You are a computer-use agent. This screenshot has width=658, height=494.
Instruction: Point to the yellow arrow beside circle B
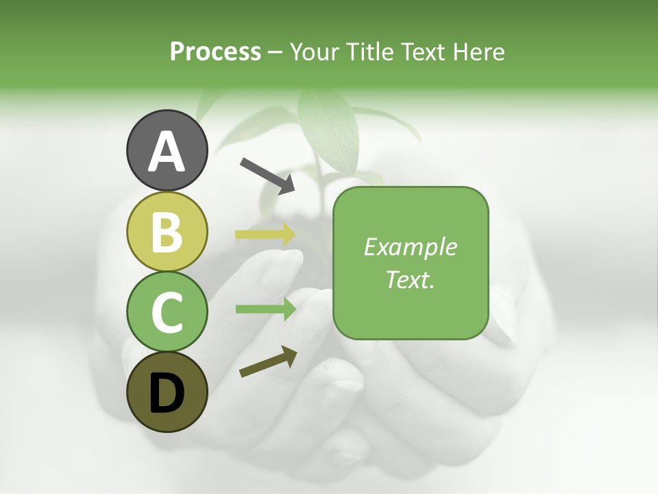tap(265, 235)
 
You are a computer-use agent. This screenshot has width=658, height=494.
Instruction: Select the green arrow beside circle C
tap(265, 309)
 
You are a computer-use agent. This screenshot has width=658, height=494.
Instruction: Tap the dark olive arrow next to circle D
tap(268, 362)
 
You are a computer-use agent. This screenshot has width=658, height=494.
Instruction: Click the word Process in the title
tap(215, 52)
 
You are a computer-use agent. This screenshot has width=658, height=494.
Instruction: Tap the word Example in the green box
tap(410, 247)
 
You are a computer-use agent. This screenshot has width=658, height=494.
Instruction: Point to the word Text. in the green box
tap(410, 279)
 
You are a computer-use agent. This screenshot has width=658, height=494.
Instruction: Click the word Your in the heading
tap(315, 52)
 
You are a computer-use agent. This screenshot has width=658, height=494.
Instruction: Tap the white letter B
tap(167, 232)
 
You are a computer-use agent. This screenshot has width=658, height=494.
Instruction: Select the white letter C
tap(167, 312)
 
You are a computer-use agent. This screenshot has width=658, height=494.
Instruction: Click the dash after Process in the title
tap(276, 53)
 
